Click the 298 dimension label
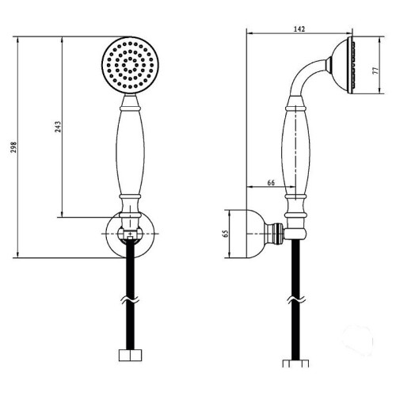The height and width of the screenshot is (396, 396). pyautogui.click(x=13, y=147)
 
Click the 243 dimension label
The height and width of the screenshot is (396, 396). pyautogui.click(x=58, y=127)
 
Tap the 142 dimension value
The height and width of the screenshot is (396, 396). pyautogui.click(x=299, y=29)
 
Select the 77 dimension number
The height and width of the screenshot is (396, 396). pyautogui.click(x=375, y=70)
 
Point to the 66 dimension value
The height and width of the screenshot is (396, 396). pyautogui.click(x=271, y=183)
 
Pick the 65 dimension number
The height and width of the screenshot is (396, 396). pyautogui.click(x=226, y=234)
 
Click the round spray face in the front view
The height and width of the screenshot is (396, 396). pyautogui.click(x=130, y=65)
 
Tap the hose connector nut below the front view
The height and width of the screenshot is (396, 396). pyautogui.click(x=131, y=355)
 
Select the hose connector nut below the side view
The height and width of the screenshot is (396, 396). pyautogui.click(x=295, y=363)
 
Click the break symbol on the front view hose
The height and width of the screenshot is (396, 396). pyautogui.click(x=131, y=300)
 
